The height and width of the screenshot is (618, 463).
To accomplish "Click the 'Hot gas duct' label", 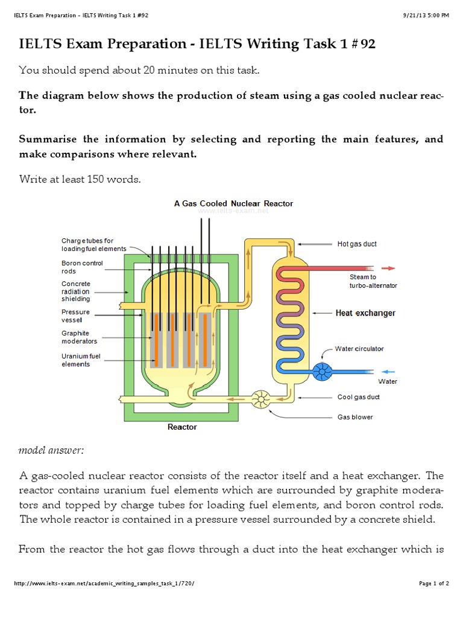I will [357, 244].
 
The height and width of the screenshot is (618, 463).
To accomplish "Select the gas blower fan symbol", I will [261, 398].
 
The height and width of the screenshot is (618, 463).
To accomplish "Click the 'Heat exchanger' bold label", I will [365, 313].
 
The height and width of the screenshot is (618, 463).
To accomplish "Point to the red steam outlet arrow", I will [388, 268].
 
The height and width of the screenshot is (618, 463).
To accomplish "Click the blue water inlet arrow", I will [388, 371].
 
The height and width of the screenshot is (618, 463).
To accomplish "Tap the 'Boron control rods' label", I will [82, 267].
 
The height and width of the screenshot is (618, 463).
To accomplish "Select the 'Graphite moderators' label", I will [79, 337].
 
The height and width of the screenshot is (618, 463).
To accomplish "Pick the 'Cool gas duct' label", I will [358, 397].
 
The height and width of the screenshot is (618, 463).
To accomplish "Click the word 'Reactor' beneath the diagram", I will [182, 427].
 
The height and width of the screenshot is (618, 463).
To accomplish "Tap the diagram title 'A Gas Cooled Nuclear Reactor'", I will [233, 203].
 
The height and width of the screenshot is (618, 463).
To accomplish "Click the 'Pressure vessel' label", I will [75, 316].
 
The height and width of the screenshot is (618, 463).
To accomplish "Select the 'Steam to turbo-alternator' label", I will [373, 281].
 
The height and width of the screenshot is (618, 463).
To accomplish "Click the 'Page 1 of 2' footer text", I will [434, 584].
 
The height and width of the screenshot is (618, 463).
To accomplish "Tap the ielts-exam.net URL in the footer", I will [104, 584].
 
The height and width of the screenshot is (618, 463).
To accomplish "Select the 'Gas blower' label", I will [355, 417].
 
